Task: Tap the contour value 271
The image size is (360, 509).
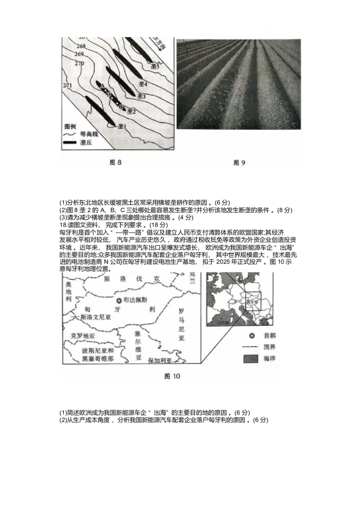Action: (x=68, y=85)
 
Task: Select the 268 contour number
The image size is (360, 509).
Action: (x=81, y=46)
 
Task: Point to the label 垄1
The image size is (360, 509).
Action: (x=121, y=127)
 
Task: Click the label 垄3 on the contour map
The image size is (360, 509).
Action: (x=142, y=96)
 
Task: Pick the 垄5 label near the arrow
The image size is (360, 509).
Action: (x=155, y=67)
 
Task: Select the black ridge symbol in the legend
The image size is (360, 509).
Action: (x=70, y=143)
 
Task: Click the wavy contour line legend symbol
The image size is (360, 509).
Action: (x=70, y=134)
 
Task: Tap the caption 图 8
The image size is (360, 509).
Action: (x=116, y=163)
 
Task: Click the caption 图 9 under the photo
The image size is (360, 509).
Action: (x=239, y=163)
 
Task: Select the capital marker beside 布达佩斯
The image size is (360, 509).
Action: (x=118, y=300)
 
